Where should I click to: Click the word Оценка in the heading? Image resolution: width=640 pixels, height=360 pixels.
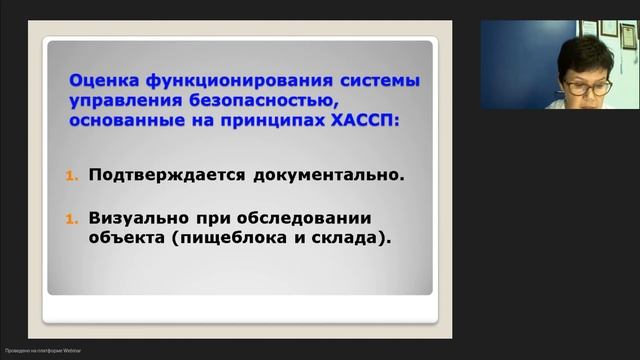point(99,80)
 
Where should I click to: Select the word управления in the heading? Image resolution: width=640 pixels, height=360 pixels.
point(123,100)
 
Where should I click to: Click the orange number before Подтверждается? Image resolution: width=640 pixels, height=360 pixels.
point(71,175)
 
